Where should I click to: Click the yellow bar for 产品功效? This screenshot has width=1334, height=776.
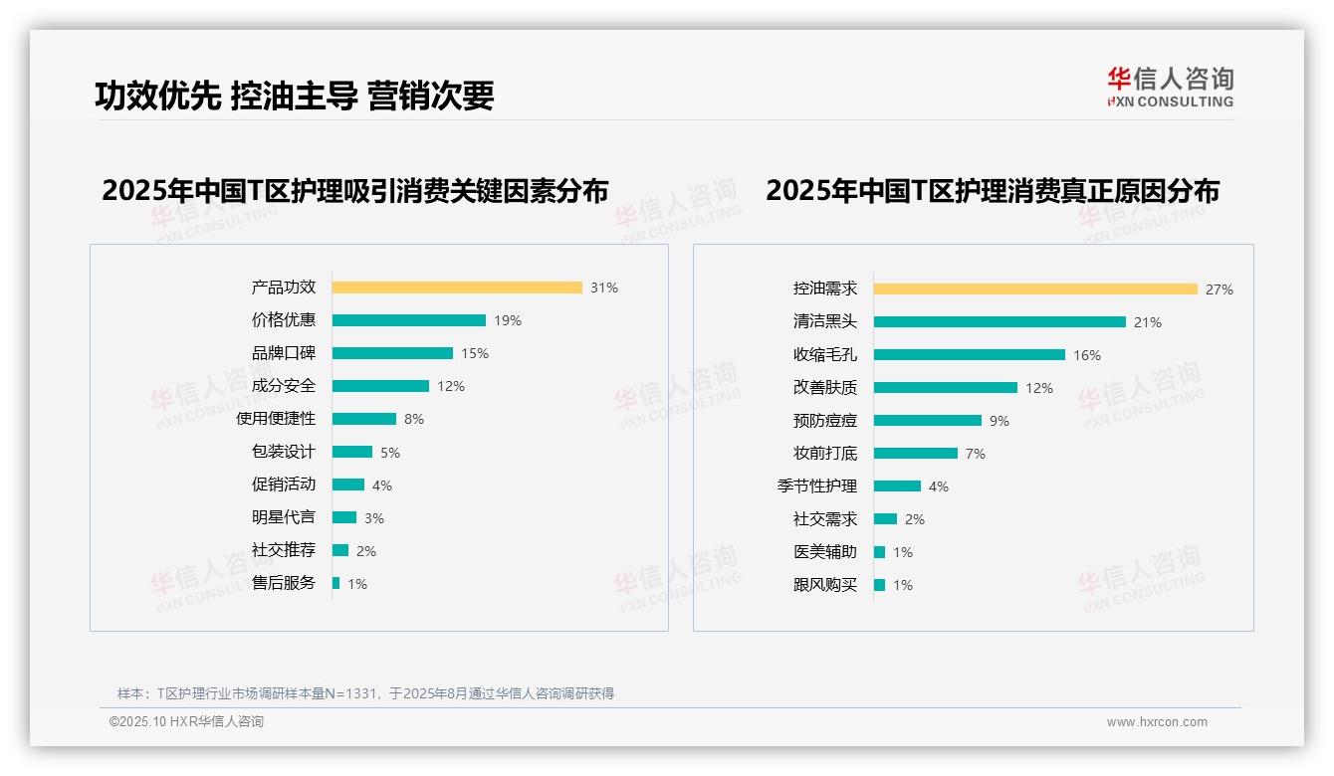click(x=457, y=288)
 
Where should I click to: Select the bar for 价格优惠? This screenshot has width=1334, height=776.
click(x=408, y=320)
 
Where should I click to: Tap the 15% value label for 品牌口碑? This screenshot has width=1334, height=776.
click(x=475, y=353)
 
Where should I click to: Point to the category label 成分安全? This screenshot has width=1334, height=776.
click(x=283, y=386)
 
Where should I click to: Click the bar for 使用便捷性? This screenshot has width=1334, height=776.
click(x=363, y=419)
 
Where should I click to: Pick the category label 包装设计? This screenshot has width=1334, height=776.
click(x=283, y=452)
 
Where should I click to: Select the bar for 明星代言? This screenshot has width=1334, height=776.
click(x=343, y=517)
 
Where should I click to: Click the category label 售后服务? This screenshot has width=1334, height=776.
click(x=283, y=583)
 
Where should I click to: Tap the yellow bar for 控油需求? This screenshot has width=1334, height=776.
click(x=1035, y=290)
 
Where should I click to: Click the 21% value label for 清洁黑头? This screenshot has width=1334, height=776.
click(x=1148, y=322)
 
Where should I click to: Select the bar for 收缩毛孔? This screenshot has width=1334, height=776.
click(x=969, y=355)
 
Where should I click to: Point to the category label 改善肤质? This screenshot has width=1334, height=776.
click(x=824, y=388)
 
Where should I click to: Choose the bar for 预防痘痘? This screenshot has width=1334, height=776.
click(x=927, y=421)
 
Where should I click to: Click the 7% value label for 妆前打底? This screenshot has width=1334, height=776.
click(x=976, y=454)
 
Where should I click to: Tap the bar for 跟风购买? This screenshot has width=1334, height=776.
click(x=879, y=585)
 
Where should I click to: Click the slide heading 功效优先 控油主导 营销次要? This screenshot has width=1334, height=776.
click(x=295, y=95)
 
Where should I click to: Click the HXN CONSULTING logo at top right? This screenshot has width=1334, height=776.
click(x=1170, y=87)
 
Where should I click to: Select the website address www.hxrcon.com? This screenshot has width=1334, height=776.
click(x=1157, y=722)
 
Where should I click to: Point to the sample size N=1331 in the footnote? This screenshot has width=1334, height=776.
click(x=350, y=693)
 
